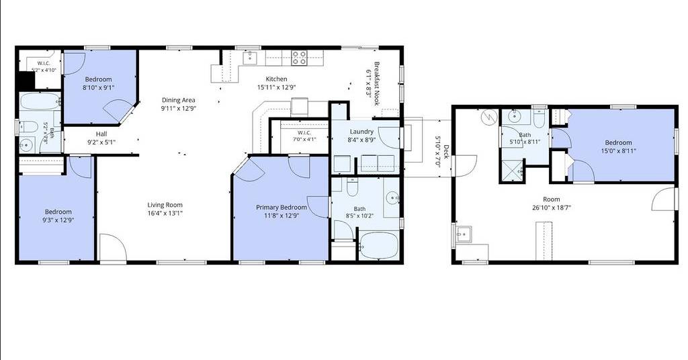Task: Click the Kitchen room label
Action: pyautogui.click(x=276, y=79)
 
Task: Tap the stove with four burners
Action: pyautogui.click(x=299, y=58)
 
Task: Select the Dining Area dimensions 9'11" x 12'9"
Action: pyautogui.click(x=178, y=108)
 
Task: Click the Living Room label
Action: pyautogui.click(x=165, y=205)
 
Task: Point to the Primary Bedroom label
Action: pyautogui.click(x=282, y=208)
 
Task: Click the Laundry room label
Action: pyautogui.click(x=361, y=132)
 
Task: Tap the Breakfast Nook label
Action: pyautogui.click(x=376, y=84)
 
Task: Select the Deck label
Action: pyautogui.click(x=446, y=151)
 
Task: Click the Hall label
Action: pyautogui.click(x=101, y=134)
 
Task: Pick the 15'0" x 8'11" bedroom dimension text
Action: pyautogui.click(x=619, y=151)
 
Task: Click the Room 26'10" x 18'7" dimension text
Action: pyautogui.click(x=552, y=208)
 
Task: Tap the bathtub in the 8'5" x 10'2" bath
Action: pyautogui.click(x=378, y=246)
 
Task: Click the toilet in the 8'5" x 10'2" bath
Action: pyautogui.click(x=352, y=186)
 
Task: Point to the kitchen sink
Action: pyautogui.click(x=250, y=58)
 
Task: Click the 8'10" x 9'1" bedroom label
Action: pyautogui.click(x=98, y=79)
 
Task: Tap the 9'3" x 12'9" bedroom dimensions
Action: pyautogui.click(x=58, y=220)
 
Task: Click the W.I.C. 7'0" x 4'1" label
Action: pyautogui.click(x=304, y=136)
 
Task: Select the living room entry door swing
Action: pyautogui.click(x=113, y=247)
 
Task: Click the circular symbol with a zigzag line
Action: pyautogui.click(x=488, y=117)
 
